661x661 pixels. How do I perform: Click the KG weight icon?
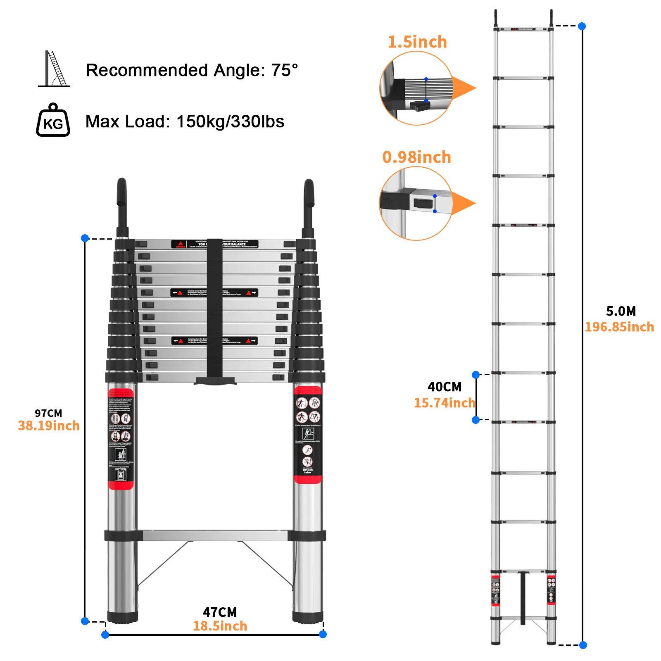(53, 121)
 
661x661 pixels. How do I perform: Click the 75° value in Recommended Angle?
(284, 70)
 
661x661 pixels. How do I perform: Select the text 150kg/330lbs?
(230, 121)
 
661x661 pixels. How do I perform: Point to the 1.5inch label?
(417, 42)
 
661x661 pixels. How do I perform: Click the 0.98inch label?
(416, 157)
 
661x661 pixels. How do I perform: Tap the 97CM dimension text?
(48, 413)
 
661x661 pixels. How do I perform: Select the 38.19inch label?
(49, 426)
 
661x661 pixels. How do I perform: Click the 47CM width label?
(220, 612)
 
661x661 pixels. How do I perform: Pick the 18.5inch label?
(220, 626)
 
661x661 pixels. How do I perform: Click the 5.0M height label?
(621, 311)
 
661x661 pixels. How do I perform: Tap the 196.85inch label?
(619, 327)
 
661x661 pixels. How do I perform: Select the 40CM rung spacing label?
(445, 387)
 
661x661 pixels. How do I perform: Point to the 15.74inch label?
(445, 403)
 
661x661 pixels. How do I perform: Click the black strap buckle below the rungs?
(215, 380)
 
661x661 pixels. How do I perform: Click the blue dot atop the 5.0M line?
(582, 26)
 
